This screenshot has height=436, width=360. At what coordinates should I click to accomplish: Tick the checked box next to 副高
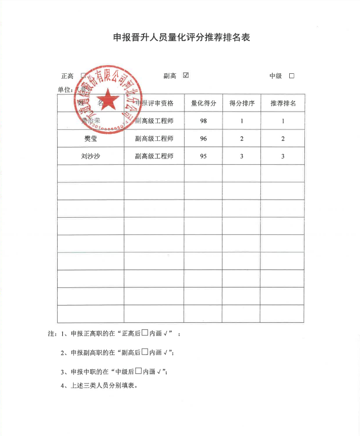186,75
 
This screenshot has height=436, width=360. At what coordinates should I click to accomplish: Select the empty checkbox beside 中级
291,76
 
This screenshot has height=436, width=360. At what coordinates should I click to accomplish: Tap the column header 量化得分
203,103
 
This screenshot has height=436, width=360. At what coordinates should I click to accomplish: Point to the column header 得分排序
242,103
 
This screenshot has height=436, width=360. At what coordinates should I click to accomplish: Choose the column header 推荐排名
283,103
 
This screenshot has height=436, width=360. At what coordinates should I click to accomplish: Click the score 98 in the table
203,121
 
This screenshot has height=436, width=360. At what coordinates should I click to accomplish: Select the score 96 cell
203,139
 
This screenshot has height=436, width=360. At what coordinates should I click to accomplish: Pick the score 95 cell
203,157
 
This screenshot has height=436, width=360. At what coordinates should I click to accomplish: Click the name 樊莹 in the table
91,139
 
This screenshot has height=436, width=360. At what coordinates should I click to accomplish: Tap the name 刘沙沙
91,157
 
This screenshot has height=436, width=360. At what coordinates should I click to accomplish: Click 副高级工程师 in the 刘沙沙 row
154,157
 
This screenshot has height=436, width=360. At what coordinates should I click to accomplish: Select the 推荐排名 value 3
283,157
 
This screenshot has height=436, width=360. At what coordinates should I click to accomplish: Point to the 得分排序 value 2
242,139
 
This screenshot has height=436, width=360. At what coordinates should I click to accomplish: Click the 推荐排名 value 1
283,121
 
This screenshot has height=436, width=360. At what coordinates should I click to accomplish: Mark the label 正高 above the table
67,76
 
